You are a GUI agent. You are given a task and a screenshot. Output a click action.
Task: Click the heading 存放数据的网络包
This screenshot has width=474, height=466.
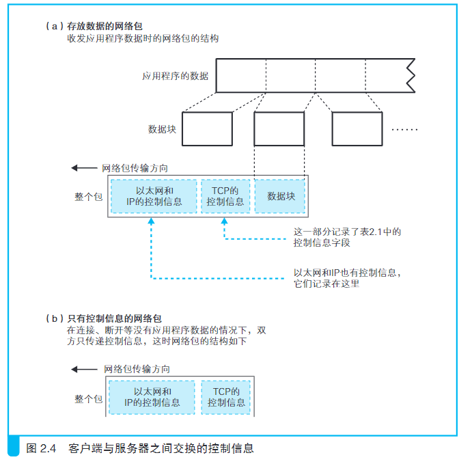pos(104,27)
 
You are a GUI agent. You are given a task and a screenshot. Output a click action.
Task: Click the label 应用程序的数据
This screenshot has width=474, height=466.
pos(176,76)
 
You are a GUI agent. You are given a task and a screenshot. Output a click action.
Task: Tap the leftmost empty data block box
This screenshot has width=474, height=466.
pos(208,129)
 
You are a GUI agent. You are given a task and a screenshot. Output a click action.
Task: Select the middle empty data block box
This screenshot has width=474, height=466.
pos(279,129)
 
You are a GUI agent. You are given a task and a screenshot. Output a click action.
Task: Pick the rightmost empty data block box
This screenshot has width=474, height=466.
pos(357,129)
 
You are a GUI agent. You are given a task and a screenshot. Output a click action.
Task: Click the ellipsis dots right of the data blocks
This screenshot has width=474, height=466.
pos(404,129)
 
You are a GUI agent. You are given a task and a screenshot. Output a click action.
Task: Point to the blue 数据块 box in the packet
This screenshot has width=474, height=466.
pos(280,196)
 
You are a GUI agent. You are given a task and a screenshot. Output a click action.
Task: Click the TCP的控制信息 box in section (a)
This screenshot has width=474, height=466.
pos(225,196)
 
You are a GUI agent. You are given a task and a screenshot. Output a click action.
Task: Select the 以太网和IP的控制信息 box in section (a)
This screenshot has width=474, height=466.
pos(154,196)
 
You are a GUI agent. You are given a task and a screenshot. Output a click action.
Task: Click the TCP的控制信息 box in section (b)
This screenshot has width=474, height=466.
pos(226,398)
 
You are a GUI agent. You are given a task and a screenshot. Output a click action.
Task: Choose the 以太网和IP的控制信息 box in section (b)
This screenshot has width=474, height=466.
pos(152,398)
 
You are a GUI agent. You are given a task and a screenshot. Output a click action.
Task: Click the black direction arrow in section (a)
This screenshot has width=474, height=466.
pos(84,168)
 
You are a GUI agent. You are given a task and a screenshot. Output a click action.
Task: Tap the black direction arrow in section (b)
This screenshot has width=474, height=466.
pos(84,369)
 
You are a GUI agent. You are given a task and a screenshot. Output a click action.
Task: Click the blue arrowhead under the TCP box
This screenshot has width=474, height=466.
pos(224,221)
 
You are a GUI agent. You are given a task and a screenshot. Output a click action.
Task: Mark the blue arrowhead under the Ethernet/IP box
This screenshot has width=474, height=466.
pos(151,221)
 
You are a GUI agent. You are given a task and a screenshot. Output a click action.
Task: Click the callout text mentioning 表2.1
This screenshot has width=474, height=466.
pos(347,237)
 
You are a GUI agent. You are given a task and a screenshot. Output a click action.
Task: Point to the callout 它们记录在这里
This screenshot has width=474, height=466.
pos(326,284)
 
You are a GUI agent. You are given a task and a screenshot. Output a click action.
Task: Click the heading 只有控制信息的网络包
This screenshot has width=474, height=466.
pos(114,318)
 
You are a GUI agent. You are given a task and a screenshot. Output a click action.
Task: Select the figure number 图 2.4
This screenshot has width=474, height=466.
pos(41,448)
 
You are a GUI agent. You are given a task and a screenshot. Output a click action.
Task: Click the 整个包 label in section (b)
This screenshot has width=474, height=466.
pos(89,399)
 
